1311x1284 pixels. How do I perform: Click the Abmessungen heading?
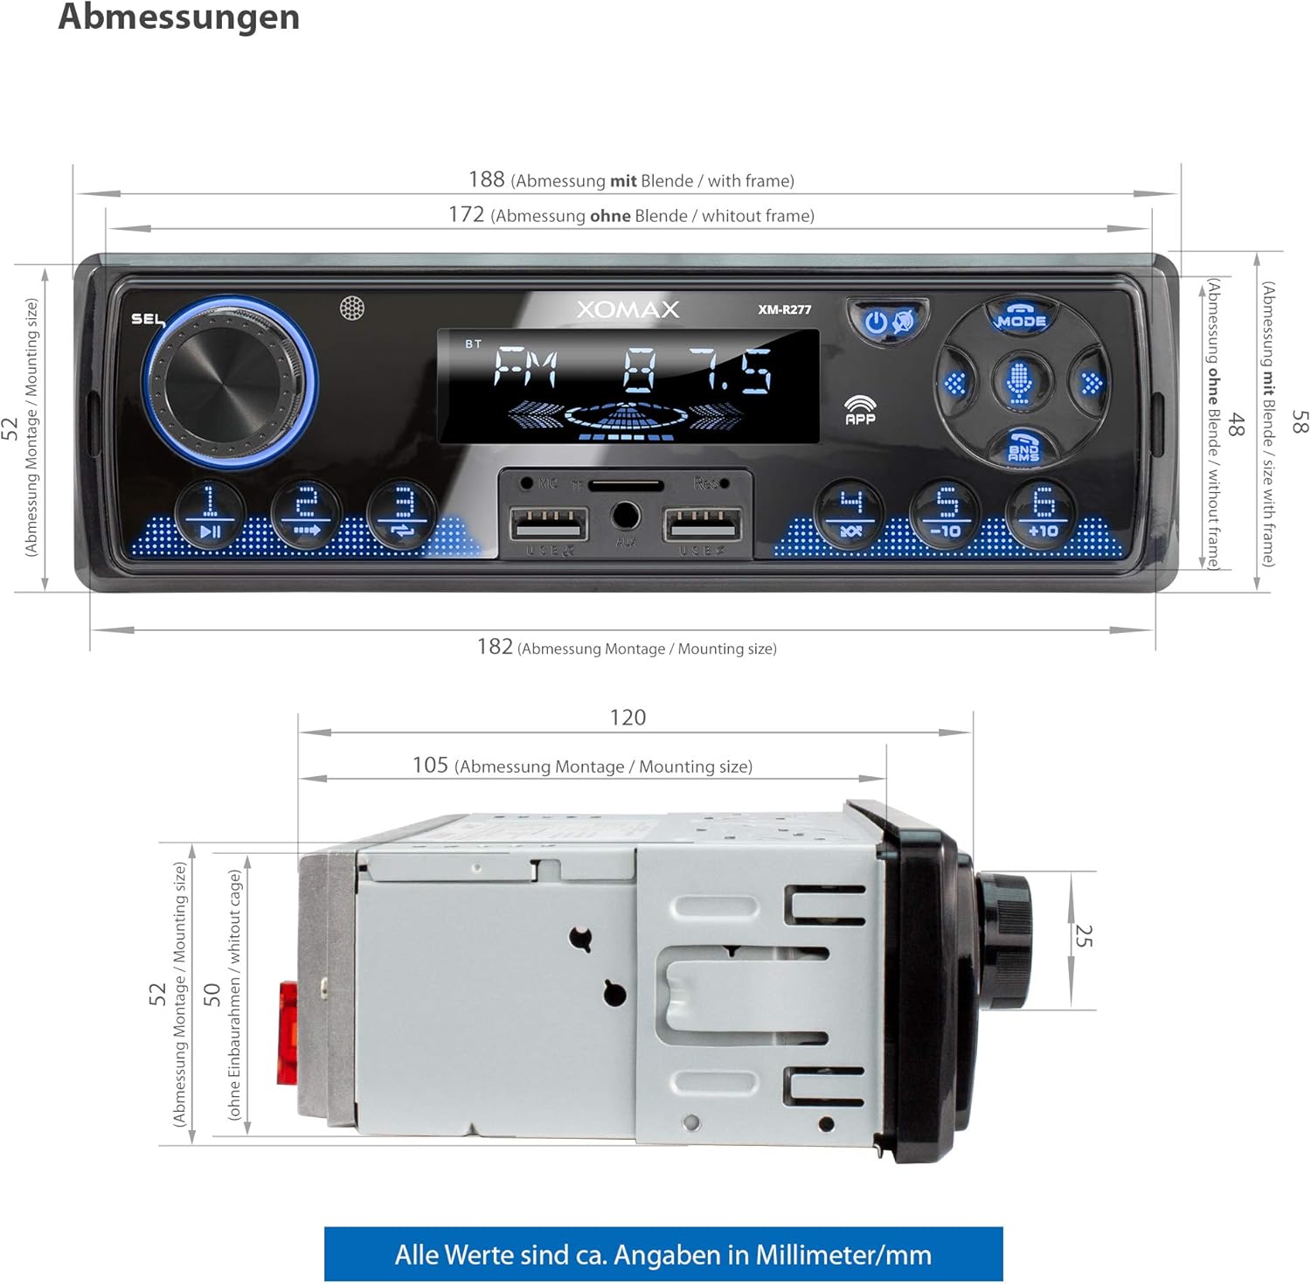point(179,17)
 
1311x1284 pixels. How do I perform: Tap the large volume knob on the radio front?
point(229,383)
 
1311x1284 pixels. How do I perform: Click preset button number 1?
point(210,513)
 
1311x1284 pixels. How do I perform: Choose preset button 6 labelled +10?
point(1043,513)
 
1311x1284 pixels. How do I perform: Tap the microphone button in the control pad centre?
point(1019,382)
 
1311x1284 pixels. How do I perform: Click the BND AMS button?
point(1023,448)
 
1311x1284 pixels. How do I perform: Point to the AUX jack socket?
point(626,516)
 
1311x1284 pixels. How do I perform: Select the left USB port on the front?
point(549,525)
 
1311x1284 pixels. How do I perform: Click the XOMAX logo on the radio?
point(628,309)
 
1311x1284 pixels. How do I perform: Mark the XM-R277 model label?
point(784,309)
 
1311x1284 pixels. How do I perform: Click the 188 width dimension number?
point(487,179)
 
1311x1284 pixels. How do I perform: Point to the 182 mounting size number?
point(495,647)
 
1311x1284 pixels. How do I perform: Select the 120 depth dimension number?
point(628,718)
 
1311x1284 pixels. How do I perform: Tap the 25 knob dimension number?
point(1083,935)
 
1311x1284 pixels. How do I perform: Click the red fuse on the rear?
point(288,1033)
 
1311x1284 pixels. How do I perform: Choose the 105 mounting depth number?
point(430,766)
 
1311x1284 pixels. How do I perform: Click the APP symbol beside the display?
point(861,410)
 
